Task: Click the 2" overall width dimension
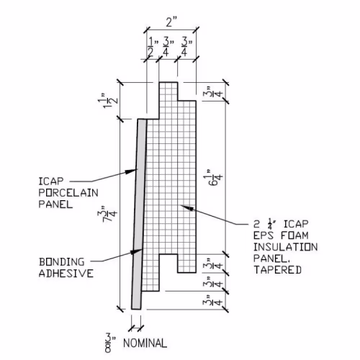[171, 22]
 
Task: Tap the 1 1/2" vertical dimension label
[108, 100]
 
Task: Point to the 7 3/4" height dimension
[107, 214]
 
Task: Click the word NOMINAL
[145, 343]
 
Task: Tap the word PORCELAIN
[68, 193]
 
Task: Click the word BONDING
[62, 262]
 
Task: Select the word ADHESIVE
[66, 274]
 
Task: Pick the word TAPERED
[277, 270]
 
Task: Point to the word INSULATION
[286, 247]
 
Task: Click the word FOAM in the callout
[295, 235]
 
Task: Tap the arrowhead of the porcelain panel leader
[131, 171]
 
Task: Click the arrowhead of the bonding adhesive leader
[136, 251]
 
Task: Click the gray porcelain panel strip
[139, 214]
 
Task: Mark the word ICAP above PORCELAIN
[51, 181]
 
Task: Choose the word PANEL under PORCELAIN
[55, 204]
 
